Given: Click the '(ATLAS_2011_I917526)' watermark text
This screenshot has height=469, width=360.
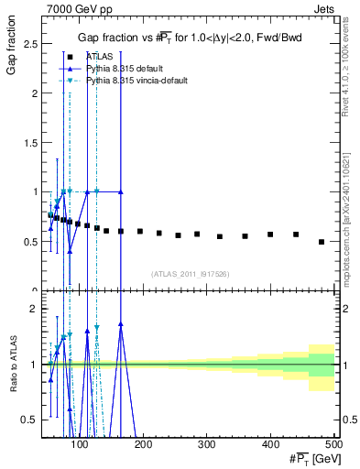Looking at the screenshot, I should point(191,274).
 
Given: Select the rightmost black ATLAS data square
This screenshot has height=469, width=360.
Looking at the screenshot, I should point(321,242).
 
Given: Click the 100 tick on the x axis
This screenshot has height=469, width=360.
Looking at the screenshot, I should point(81,443).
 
